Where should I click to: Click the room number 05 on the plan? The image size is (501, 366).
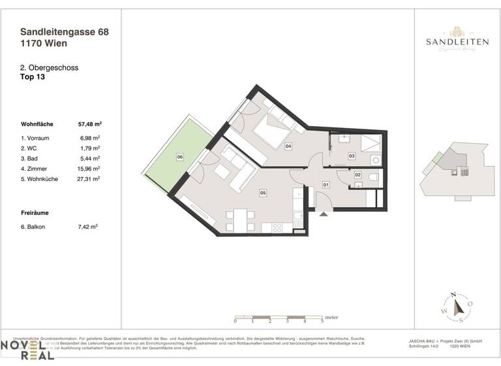263,193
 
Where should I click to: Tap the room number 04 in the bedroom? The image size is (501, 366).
288,146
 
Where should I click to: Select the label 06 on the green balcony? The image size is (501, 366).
179,157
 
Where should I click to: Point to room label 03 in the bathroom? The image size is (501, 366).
351,156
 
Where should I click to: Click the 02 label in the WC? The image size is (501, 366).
357,175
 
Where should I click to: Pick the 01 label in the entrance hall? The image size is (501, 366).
326,186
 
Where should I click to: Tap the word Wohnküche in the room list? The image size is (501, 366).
45,178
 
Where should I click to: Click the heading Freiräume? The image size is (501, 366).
37,213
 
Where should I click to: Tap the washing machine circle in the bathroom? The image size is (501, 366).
375,160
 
